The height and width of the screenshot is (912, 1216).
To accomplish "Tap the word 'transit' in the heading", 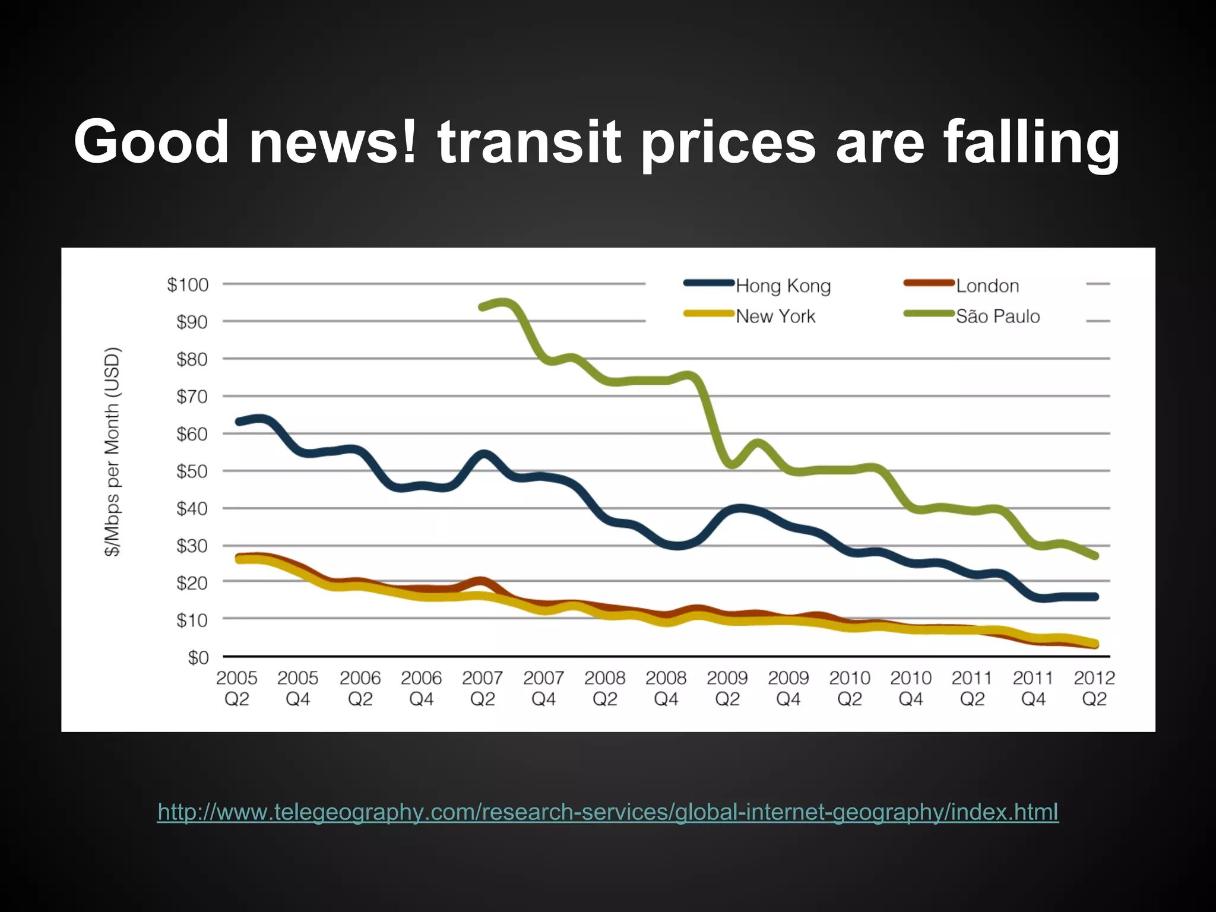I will pos(529,142).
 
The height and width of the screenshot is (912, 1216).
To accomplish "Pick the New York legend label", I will pos(775,316).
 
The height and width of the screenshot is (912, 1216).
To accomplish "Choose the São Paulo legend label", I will pos(997,316).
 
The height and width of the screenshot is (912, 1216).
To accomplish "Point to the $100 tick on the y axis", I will pos(188,284).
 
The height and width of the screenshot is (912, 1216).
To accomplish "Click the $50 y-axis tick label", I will pos(192,471).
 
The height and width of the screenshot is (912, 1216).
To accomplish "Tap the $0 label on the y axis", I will pos(198,657).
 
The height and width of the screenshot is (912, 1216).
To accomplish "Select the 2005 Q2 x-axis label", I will pos(236,688).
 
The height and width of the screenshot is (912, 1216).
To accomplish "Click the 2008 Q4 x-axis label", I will pos(666,688).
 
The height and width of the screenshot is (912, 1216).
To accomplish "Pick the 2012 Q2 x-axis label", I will pos(1094,688).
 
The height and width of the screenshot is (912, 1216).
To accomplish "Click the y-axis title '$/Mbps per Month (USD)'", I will pos(112,451).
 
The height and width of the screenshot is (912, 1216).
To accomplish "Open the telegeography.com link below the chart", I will pos(607,812).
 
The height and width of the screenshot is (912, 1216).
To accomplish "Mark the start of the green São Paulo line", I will pos(482,307).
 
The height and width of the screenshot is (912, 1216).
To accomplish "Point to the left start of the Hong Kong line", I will pos(239,422).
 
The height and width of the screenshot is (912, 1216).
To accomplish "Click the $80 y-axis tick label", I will pos(192,359).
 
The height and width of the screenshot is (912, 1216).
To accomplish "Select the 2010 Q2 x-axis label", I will pos(849,688).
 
